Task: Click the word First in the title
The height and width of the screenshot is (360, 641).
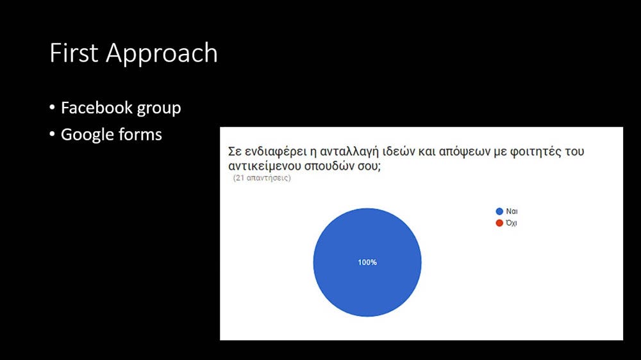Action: [74, 53]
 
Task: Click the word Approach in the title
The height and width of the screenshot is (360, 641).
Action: [162, 54]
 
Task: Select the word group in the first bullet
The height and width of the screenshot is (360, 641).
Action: [159, 110]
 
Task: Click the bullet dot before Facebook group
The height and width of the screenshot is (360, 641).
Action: [52, 108]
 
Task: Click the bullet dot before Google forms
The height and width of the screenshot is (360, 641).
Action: [52, 134]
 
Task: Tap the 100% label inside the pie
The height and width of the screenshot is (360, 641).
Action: [367, 263]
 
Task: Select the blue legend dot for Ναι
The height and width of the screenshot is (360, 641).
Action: [499, 211]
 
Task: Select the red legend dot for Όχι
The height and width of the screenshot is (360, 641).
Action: [499, 223]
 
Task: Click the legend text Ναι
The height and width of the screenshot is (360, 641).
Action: [512, 211]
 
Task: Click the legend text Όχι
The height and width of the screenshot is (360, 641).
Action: [512, 223]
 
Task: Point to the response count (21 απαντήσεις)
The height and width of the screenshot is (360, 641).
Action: [262, 178]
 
